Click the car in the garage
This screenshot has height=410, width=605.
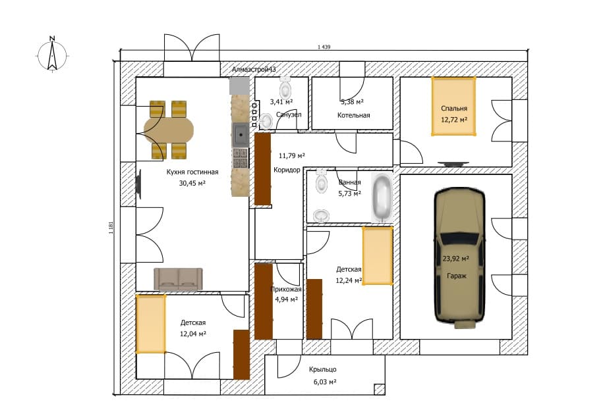click(459, 258)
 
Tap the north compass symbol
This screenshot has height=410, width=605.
click(53, 55)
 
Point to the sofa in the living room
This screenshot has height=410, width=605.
click(178, 279)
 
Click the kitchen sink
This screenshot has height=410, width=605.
click(241, 135)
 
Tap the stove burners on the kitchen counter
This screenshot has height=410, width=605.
click(241, 158)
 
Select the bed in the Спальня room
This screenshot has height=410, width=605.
click(453, 107)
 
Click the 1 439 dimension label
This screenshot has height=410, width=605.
click(324, 47)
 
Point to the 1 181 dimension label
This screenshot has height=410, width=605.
click(111, 228)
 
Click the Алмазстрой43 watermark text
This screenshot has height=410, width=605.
click(254, 70)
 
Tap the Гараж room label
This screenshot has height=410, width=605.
click(457, 276)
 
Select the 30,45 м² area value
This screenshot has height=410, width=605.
click(192, 184)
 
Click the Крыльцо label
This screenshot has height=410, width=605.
click(322, 370)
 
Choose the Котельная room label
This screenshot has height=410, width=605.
click(353, 115)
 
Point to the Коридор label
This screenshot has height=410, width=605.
click(287, 170)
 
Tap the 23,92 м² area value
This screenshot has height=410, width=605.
click(455, 259)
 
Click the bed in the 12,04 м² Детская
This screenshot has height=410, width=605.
click(151, 324)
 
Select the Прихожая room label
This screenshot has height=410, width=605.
click(286, 290)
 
